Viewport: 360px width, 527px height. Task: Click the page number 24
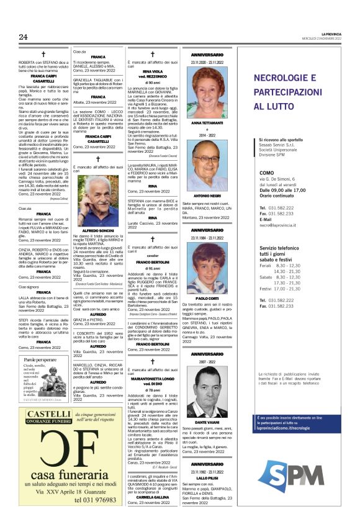(x=23, y=37)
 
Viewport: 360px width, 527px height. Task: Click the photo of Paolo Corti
(x=204, y=266)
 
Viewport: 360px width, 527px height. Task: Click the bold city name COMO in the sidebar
(x=267, y=173)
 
